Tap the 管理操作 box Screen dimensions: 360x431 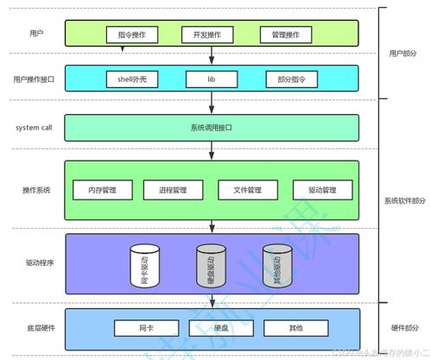284,35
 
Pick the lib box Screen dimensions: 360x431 212,79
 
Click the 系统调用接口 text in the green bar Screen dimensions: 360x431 212,128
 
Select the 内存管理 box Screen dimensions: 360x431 102,190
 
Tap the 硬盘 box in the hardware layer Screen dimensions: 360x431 212,328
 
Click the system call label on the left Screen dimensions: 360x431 35,128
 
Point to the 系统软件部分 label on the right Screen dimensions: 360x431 404,200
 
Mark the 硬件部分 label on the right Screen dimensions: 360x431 404,328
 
